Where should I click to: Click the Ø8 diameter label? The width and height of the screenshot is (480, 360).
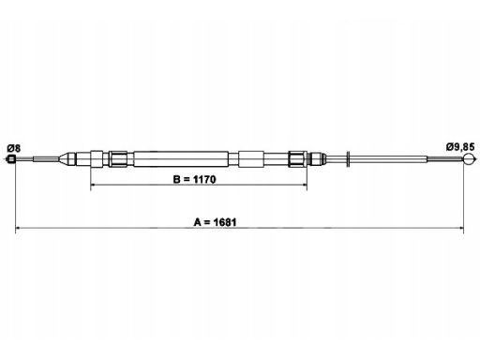click(x=13, y=148)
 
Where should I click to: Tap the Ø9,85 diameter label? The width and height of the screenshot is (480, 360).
click(x=460, y=147)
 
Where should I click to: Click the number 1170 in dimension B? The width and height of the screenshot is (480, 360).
click(x=204, y=179)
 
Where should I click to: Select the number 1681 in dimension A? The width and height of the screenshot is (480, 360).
click(x=225, y=222)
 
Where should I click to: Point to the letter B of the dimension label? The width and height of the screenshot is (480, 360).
click(x=176, y=179)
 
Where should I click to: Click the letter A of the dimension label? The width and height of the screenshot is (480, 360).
click(x=197, y=222)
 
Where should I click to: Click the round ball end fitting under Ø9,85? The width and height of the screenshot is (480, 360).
click(x=469, y=159)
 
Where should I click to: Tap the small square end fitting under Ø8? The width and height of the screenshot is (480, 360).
click(x=11, y=159)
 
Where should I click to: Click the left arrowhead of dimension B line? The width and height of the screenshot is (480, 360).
click(x=93, y=185)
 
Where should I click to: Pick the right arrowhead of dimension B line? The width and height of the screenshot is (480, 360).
click(x=305, y=185)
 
